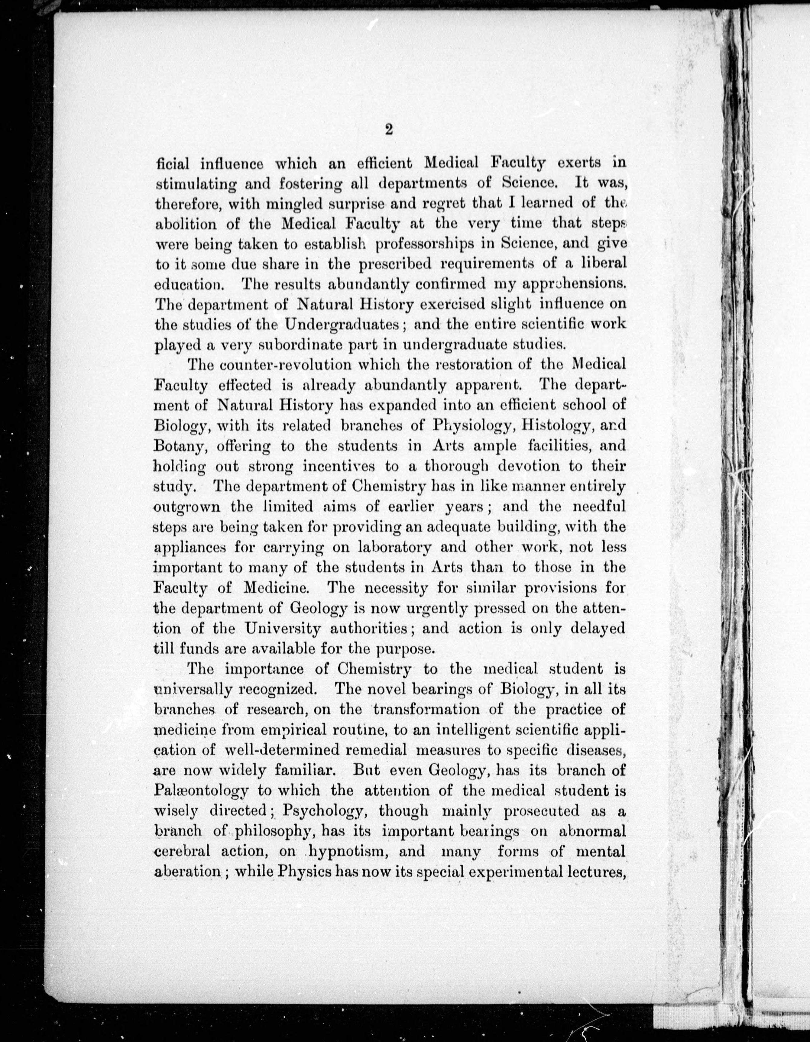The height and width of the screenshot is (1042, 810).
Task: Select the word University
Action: click(283, 629)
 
